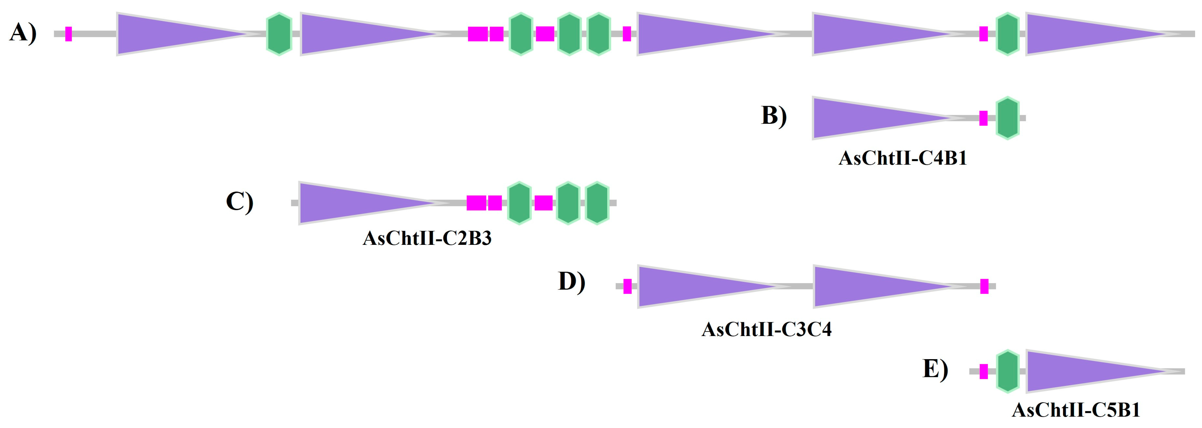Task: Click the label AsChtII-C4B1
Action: (x=902, y=159)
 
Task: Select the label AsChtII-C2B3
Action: (x=427, y=238)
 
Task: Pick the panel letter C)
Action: (x=239, y=202)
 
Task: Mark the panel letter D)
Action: (x=572, y=281)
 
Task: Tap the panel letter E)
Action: (x=935, y=369)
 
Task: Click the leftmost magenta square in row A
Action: (x=69, y=34)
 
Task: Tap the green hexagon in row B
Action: (x=1007, y=118)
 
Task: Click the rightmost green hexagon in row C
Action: (x=597, y=203)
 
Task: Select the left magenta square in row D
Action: (x=627, y=286)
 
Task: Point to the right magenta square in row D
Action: (x=984, y=286)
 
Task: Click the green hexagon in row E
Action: (x=1007, y=371)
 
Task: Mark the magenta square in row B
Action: (x=983, y=118)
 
